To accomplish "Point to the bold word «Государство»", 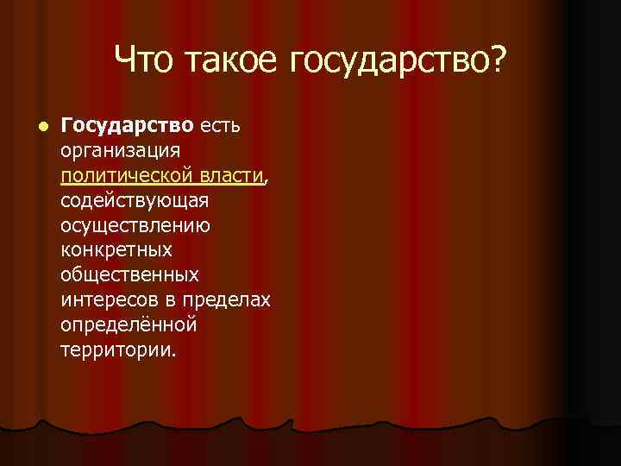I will pos(127,126).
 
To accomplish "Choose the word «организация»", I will pos(120,151).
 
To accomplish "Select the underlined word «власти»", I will pos(230,176).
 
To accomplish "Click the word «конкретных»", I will pos(116,251).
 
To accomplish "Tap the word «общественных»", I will pos(129,276).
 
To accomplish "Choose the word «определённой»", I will pos(129,326).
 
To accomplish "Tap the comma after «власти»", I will pos(267,180).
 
